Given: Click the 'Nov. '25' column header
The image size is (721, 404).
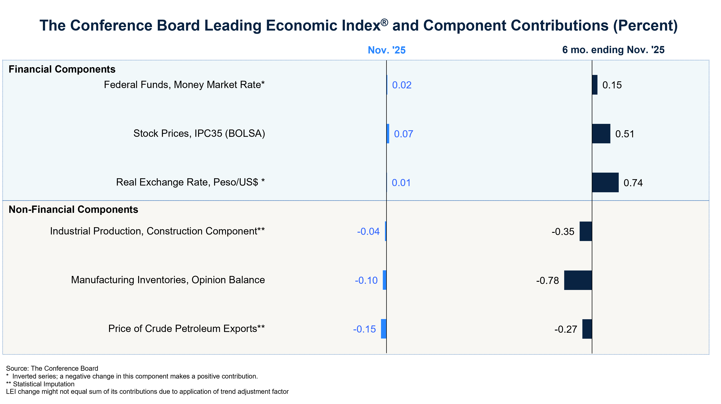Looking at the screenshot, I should point(387,50).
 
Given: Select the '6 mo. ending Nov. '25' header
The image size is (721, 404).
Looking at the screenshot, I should point(613,50).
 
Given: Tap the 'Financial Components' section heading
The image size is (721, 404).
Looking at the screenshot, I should point(62,69).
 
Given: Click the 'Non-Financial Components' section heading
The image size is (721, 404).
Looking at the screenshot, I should point(73,210).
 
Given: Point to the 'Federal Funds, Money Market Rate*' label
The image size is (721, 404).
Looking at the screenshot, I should point(184,85).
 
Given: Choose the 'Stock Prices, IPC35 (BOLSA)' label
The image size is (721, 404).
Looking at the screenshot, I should point(199,133).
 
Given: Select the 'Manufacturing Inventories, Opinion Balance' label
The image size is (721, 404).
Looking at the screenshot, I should point(168,280).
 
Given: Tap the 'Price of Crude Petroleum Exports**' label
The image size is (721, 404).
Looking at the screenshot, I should point(186,329).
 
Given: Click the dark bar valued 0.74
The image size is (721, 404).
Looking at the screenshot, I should point(605,182).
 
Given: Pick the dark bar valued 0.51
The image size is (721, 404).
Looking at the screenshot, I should point(601,134).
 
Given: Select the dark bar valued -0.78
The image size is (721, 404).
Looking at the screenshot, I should point(578,280).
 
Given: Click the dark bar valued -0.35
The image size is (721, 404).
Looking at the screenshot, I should point(586,231).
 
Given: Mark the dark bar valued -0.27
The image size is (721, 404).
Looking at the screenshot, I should point(587,329).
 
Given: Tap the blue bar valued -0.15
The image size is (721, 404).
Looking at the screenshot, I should point(383,329).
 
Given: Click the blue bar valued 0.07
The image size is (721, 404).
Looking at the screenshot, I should point(388,134).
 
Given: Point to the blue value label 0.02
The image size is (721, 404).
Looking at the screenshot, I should point(402,85).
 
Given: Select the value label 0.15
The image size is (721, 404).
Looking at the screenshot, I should point(612,85).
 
